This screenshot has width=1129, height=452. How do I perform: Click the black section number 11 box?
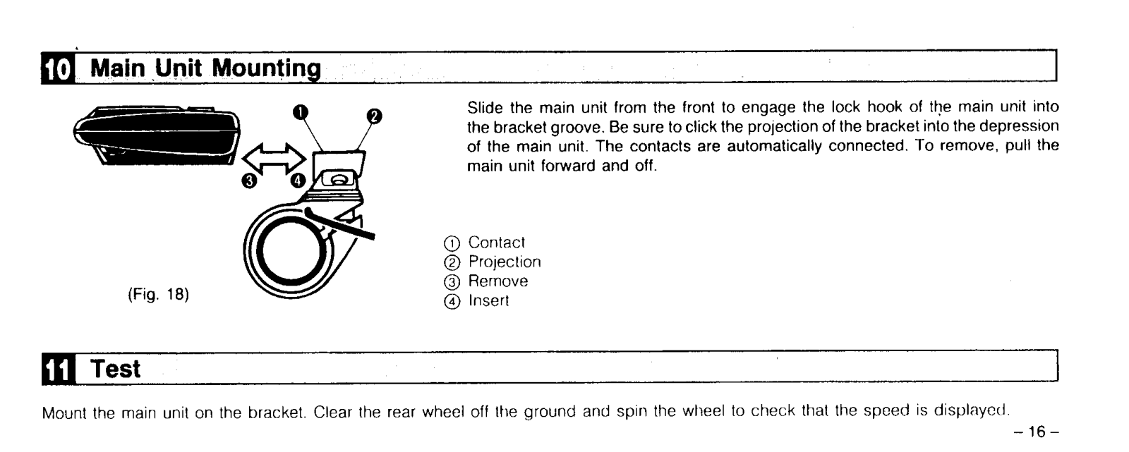58,369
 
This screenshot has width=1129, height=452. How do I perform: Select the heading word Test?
116,369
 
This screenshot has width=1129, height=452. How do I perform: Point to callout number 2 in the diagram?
374,115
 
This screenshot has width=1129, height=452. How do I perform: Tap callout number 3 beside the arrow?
248,181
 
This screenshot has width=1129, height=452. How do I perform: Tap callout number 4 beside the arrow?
298,181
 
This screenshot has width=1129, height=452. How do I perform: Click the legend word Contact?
497,243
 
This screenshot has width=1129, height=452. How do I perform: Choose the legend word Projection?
505,262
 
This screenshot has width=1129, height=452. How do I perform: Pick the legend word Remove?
498,281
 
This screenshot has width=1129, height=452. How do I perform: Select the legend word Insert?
489,301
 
